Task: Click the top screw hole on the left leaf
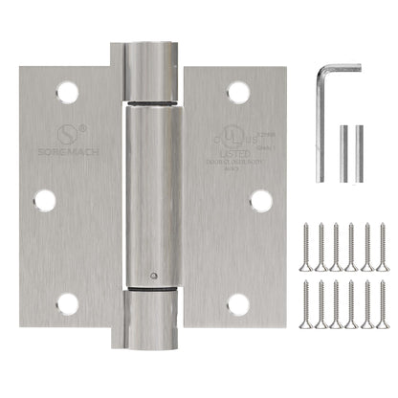pyautogui.click(x=67, y=92)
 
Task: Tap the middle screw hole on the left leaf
pyautogui.click(x=43, y=199)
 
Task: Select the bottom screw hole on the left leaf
pyautogui.click(x=67, y=304)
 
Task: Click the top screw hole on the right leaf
pyautogui.click(x=238, y=93)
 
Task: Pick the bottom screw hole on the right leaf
pyautogui.click(x=238, y=304)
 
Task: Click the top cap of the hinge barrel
pyautogui.click(x=153, y=57)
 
